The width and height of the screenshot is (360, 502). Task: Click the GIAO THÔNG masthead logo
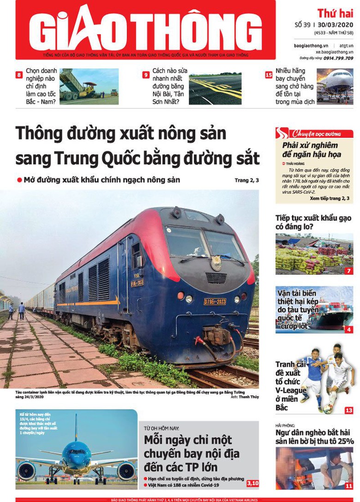(x=145, y=29)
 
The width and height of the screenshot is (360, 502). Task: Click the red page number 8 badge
(x=19, y=75)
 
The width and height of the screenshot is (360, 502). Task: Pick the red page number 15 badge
(x=269, y=75)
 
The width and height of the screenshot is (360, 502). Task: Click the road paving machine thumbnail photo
(x=89, y=86)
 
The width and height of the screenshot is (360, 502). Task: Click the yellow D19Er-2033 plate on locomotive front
(x=215, y=301)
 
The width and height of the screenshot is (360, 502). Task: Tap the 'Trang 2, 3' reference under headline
(x=246, y=180)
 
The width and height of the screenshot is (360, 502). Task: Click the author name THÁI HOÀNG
(x=295, y=163)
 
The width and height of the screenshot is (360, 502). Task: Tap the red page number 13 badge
(x=348, y=410)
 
